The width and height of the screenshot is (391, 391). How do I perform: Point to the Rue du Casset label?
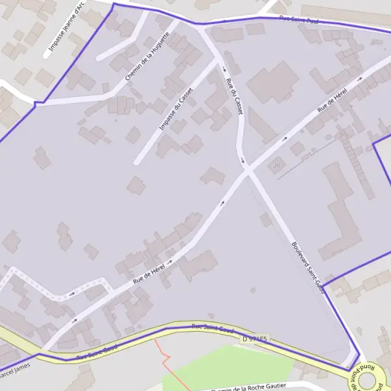pos(233,96)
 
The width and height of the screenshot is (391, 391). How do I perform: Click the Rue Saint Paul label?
pos(298,21)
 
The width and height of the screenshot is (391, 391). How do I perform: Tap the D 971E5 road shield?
pos(254,340)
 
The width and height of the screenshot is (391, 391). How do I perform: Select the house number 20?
pos(277,166)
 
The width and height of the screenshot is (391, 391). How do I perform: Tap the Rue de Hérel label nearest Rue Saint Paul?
pos(331,100)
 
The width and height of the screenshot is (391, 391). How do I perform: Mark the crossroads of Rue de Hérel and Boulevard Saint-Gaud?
pos(248,171)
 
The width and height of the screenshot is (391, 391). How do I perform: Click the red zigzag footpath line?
pos(164,356)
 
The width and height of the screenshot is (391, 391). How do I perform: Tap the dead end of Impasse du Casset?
pos(136,162)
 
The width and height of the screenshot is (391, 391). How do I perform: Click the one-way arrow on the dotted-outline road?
pos(72,294)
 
